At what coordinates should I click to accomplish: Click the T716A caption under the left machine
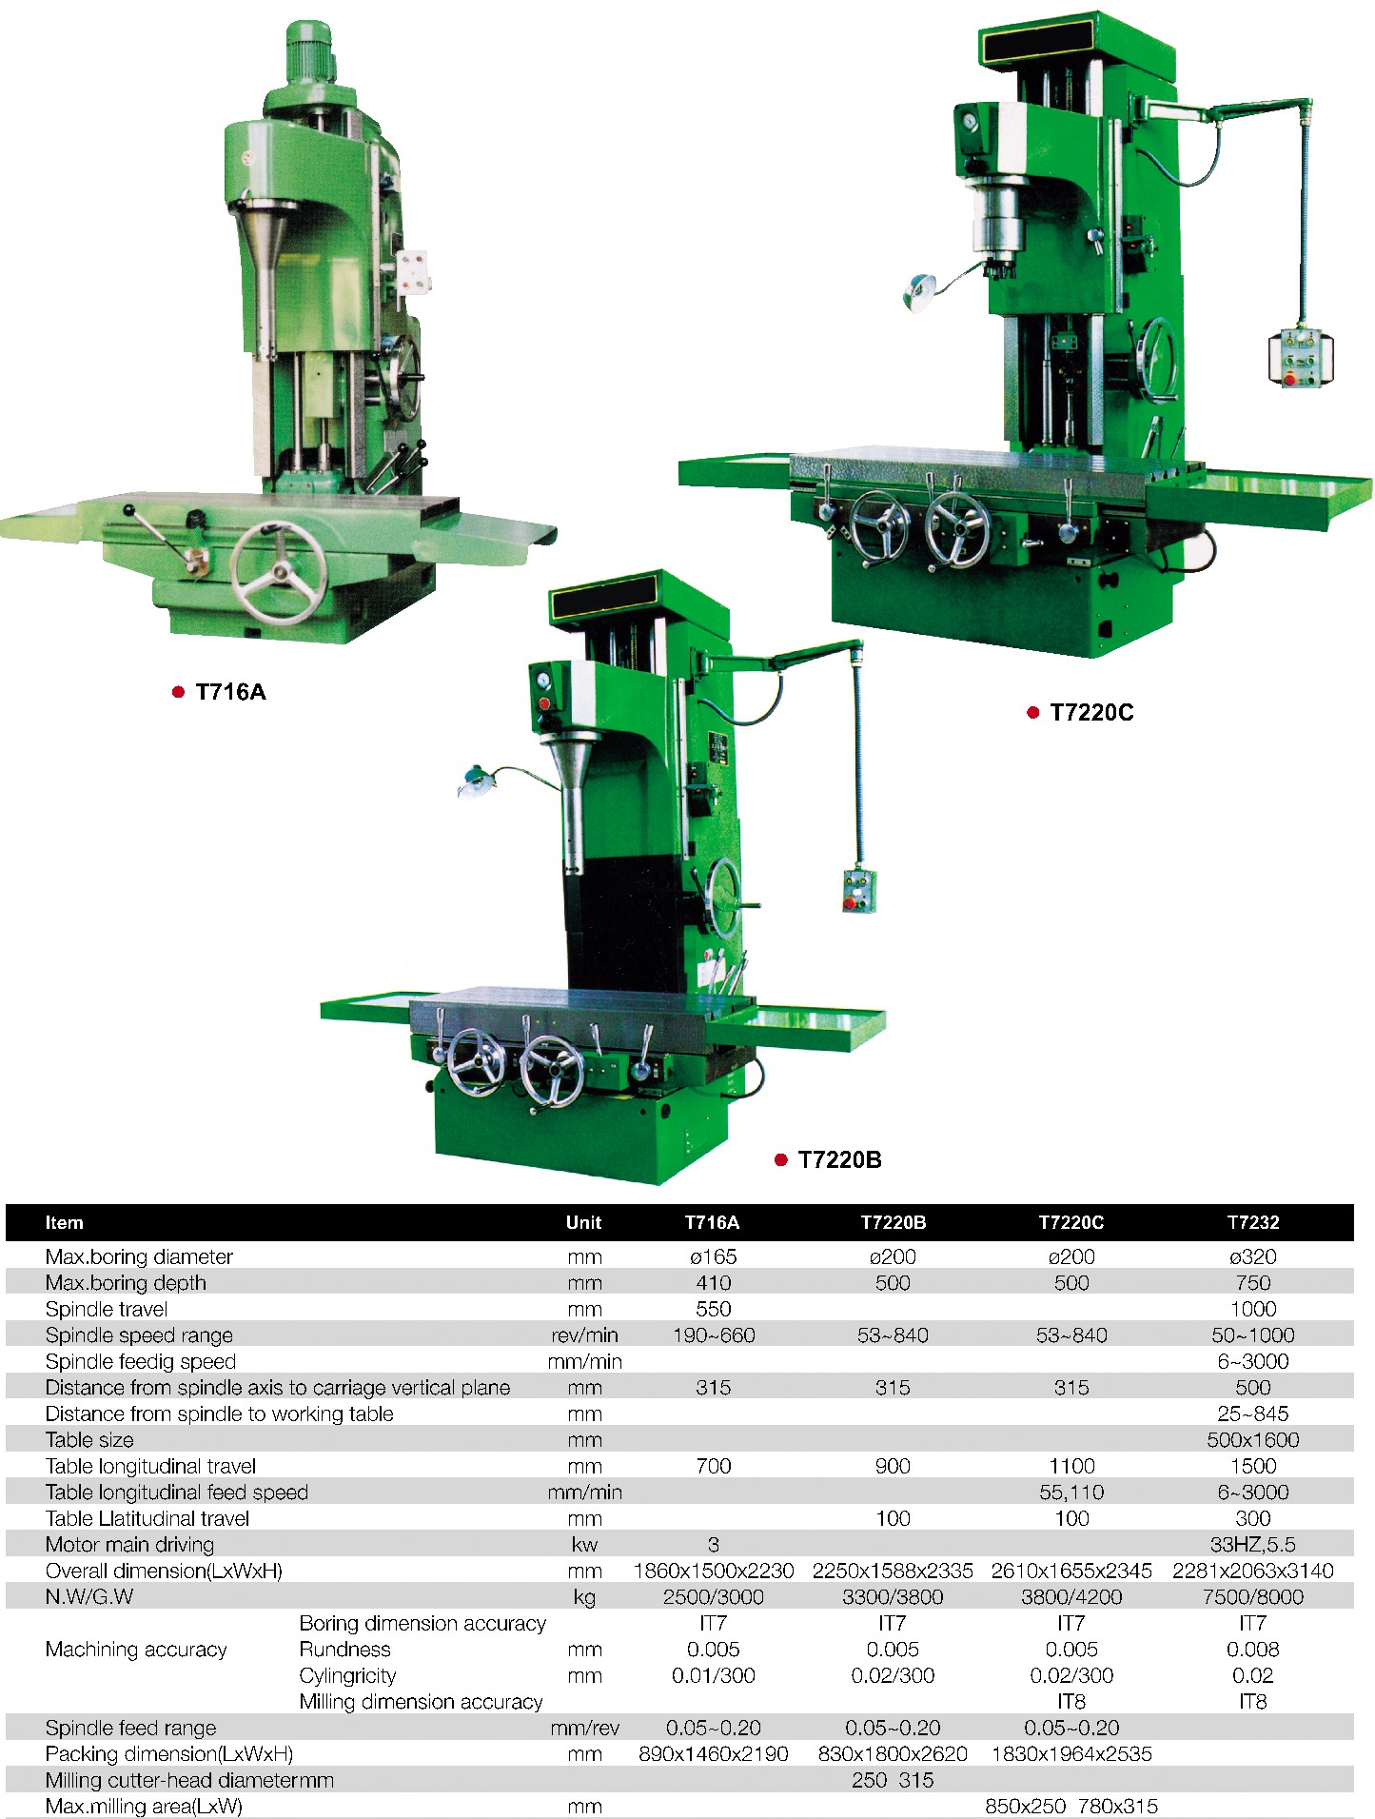click(x=230, y=692)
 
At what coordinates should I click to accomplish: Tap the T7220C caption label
click(x=1091, y=713)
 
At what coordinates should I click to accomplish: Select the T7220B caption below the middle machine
click(x=839, y=1159)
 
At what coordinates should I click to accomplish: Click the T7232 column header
click(x=1253, y=1222)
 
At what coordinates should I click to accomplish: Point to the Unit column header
click(x=583, y=1222)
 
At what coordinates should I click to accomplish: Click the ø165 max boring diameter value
click(x=713, y=1256)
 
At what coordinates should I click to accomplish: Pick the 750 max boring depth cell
click(x=1253, y=1282)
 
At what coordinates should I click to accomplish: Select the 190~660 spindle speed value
click(x=714, y=1335)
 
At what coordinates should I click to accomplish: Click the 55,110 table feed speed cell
click(x=1071, y=1492)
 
